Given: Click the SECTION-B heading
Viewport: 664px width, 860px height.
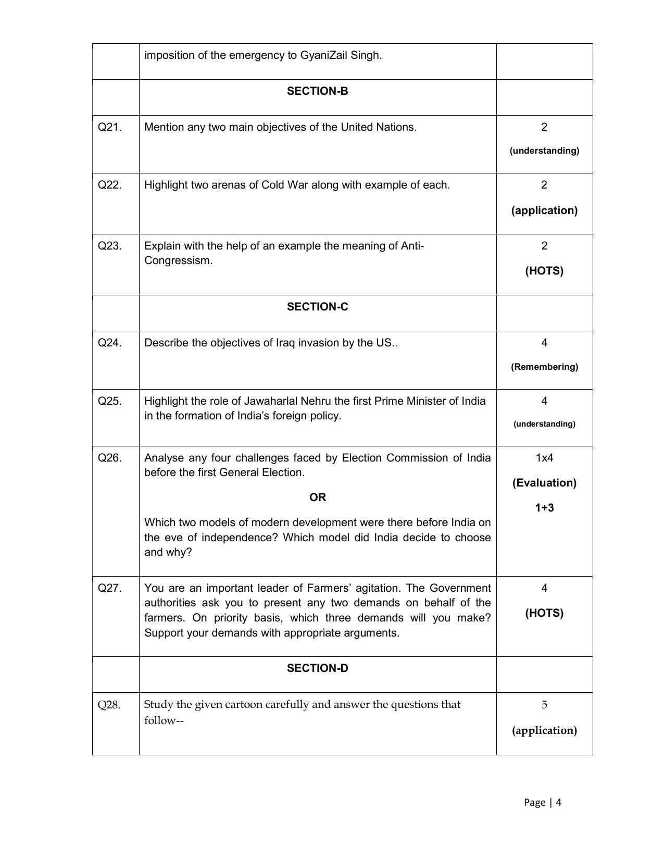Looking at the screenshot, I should pyautogui.click(x=317, y=91).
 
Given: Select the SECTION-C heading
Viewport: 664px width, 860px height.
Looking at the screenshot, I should pyautogui.click(x=317, y=307).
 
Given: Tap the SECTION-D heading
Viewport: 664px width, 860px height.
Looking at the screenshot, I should pyautogui.click(x=317, y=668).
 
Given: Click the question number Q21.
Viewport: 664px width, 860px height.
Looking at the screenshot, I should pyautogui.click(x=109, y=127).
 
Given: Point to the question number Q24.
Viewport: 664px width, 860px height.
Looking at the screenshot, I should pyautogui.click(x=109, y=343).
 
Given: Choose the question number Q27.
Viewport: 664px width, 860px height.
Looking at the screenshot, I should pyautogui.click(x=109, y=588).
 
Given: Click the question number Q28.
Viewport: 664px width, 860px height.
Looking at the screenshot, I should pyautogui.click(x=109, y=705).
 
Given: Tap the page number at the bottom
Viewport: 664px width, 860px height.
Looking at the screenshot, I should pyautogui.click(x=542, y=802).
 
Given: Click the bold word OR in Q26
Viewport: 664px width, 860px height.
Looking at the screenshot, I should pyautogui.click(x=317, y=497).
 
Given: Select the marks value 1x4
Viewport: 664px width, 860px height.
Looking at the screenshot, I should pyautogui.click(x=544, y=458).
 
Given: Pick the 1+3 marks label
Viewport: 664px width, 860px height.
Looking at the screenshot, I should pyautogui.click(x=544, y=508).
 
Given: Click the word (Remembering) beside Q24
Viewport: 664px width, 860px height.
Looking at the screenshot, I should pyautogui.click(x=544, y=367).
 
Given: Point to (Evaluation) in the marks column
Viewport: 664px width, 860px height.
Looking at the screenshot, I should pyautogui.click(x=544, y=483).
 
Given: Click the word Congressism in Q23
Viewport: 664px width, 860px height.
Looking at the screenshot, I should pyautogui.click(x=178, y=260).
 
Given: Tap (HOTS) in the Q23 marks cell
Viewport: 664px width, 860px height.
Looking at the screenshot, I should pyautogui.click(x=544, y=271).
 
